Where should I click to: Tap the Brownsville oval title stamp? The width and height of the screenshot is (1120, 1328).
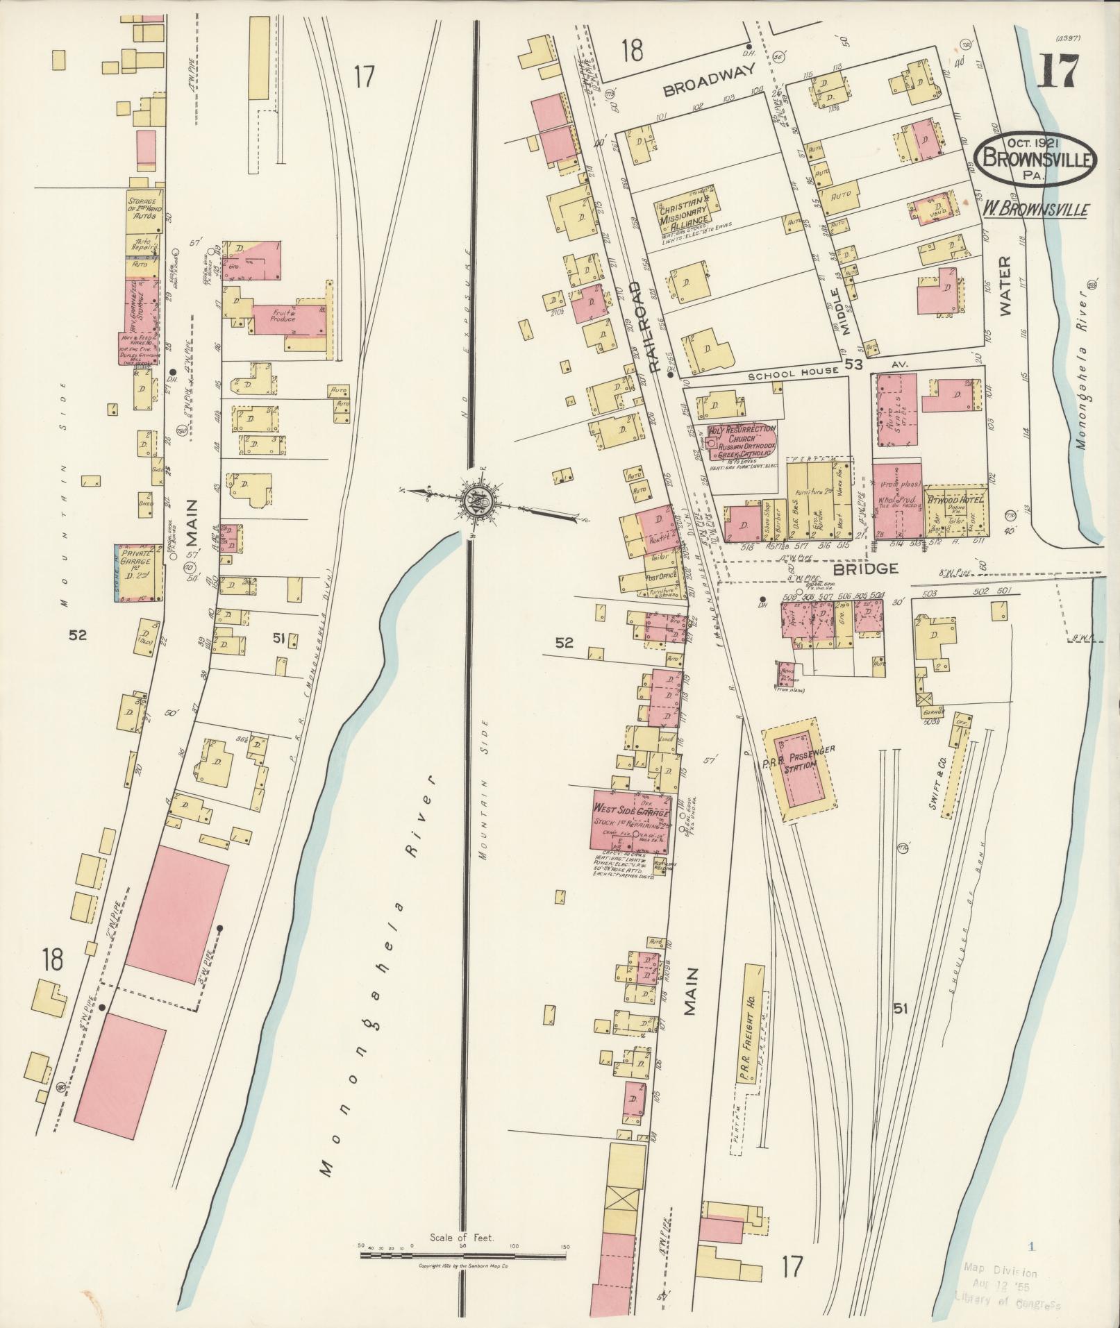[1035, 158]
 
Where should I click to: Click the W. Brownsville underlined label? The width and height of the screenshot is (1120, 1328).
[1035, 208]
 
